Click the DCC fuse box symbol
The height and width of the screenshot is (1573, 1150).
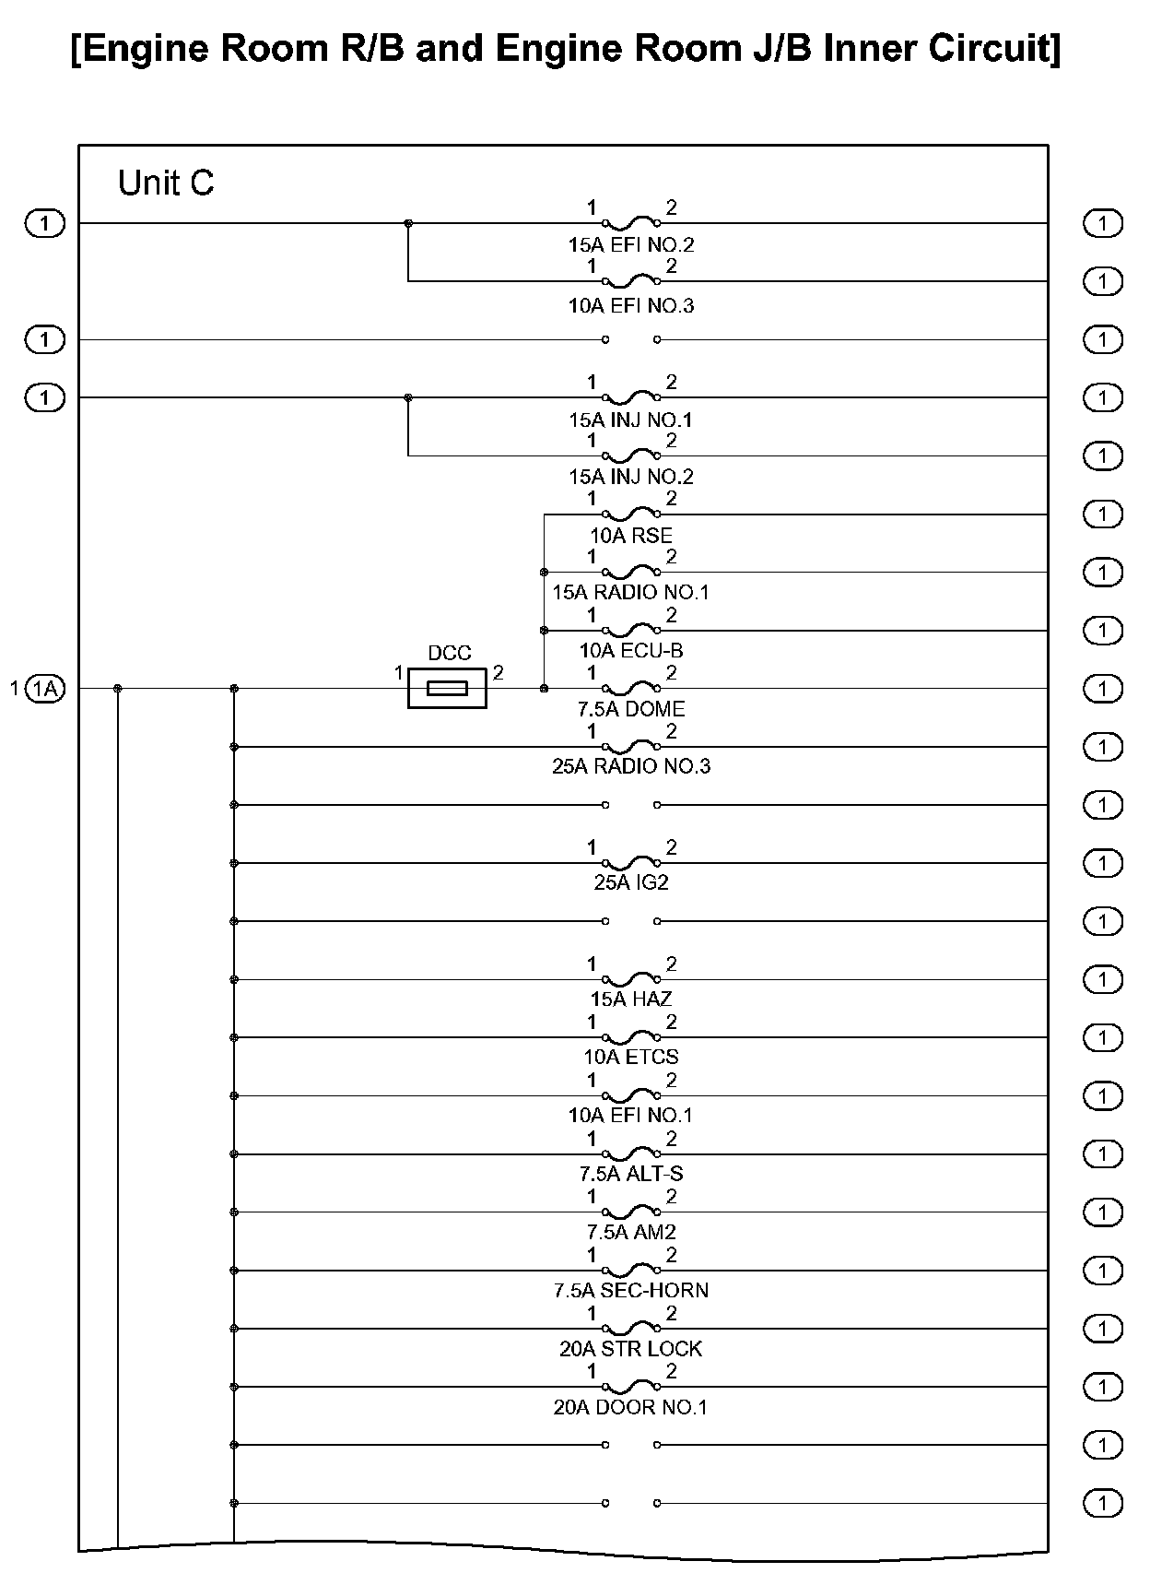[x=447, y=688]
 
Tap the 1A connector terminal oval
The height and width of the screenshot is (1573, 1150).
[x=45, y=688]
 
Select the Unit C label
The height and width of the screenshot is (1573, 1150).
[x=166, y=183]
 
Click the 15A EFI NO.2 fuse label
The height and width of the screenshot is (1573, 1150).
[x=631, y=245]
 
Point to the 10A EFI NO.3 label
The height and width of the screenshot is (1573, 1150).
[x=631, y=305]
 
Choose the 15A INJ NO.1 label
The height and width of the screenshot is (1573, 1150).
[x=631, y=420]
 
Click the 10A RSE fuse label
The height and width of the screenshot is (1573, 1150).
[x=631, y=536]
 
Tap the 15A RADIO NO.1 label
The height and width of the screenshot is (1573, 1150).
[x=631, y=592]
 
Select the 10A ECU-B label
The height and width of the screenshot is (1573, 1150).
[x=631, y=651]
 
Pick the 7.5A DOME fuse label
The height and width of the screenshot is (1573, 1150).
[x=631, y=709]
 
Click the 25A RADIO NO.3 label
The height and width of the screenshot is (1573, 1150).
[x=631, y=766]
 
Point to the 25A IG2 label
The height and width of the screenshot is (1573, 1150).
[x=631, y=882]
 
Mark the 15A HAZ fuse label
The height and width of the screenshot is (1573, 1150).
[x=631, y=999]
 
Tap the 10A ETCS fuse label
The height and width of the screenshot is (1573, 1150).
[x=631, y=1057]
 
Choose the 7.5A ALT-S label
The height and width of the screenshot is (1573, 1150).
[x=631, y=1174]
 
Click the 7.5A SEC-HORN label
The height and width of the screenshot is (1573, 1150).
[x=631, y=1290]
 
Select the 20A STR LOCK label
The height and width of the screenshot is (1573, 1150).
[x=631, y=1349]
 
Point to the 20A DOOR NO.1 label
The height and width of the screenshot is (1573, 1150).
[x=631, y=1408]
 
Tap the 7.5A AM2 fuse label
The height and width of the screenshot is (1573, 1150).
[x=631, y=1232]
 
